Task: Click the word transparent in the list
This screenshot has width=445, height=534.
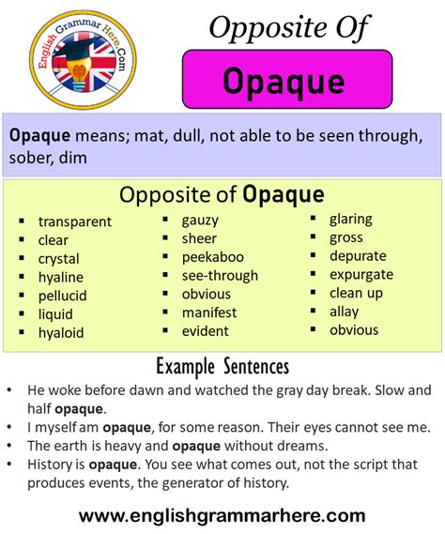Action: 75,222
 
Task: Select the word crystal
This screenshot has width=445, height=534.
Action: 59,259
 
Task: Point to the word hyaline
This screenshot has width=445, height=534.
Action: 61,277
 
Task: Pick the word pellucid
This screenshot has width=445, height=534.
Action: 63,296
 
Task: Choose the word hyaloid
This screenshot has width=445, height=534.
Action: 61,332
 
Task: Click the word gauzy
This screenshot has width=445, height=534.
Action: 201,220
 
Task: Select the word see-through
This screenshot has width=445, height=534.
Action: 222,275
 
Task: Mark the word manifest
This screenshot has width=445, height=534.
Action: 210,312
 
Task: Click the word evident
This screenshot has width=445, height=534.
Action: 207,330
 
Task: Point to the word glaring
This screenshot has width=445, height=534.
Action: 351,219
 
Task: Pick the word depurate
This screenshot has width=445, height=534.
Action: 358,255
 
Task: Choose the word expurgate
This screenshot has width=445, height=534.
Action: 361,274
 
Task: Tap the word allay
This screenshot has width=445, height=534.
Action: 345,311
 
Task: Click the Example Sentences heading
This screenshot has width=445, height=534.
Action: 222,366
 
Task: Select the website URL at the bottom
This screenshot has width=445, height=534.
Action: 222,515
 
